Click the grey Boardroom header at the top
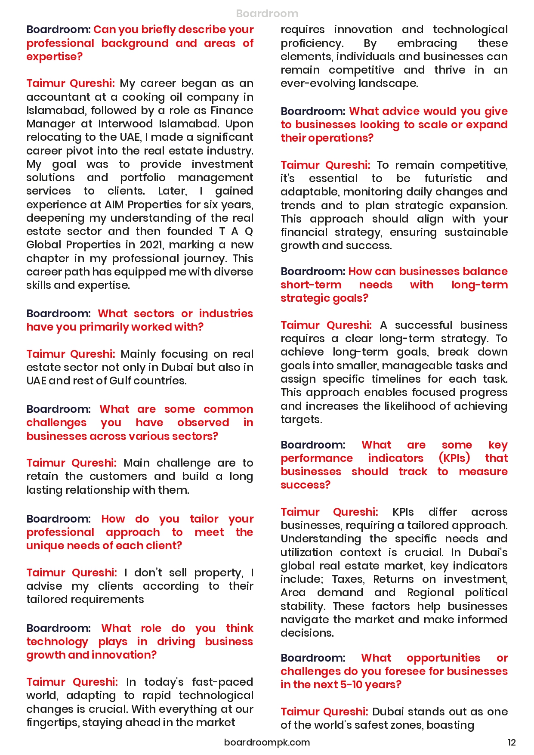tap(267, 13)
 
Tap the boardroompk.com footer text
tap(267, 742)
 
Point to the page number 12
tap(512, 742)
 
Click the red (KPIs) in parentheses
tap(454, 458)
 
